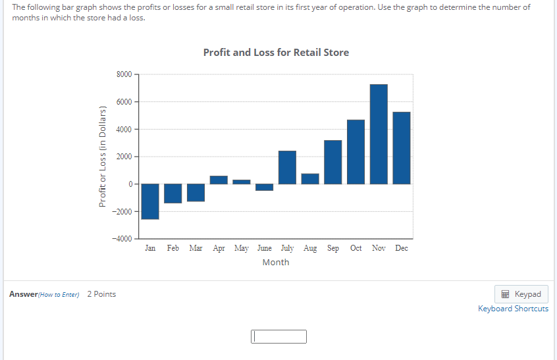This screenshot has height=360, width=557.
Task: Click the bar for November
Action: click(x=379, y=134)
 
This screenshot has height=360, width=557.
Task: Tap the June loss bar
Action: click(x=265, y=188)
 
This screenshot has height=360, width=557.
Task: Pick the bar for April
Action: click(x=219, y=180)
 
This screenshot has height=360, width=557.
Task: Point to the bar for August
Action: click(x=310, y=179)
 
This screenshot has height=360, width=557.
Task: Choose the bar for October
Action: click(x=356, y=152)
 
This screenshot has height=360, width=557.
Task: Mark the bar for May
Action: click(x=242, y=182)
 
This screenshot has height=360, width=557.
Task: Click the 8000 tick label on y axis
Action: click(x=124, y=74)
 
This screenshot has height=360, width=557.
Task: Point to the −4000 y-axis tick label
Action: click(x=122, y=239)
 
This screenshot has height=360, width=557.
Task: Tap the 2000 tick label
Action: click(x=124, y=157)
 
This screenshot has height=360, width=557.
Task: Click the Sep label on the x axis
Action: click(x=333, y=248)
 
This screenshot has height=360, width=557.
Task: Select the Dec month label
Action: click(x=402, y=248)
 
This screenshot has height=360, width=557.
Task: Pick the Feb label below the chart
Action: click(x=173, y=248)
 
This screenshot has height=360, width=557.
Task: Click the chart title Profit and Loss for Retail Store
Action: click(x=276, y=52)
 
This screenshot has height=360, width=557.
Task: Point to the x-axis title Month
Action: click(x=276, y=262)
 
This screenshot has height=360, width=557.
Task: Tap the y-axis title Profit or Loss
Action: click(x=103, y=157)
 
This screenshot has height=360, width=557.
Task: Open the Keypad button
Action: click(x=521, y=294)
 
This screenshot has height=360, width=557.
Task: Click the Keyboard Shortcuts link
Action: click(x=513, y=309)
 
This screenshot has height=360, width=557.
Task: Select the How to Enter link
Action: click(x=59, y=294)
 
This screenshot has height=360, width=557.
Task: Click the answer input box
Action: click(x=278, y=337)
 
